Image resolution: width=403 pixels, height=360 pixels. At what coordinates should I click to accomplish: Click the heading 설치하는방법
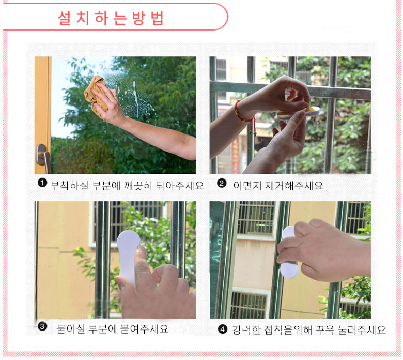[x=111, y=18]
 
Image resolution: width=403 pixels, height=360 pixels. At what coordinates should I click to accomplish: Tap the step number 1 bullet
[x=42, y=183]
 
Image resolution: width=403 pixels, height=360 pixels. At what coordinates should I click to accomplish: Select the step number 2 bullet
[x=222, y=183]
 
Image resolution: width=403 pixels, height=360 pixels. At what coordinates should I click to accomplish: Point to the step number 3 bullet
[x=42, y=326]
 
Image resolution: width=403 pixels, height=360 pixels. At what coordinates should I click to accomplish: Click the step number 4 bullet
[x=223, y=329]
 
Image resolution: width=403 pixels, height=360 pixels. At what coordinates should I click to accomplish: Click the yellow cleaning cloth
[x=95, y=96]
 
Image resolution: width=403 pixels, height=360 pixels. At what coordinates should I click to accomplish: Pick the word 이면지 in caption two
[x=247, y=186]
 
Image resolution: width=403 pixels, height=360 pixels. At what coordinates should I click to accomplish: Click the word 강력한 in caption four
[x=246, y=330]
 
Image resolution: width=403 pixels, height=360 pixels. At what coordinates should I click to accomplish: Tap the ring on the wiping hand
[x=116, y=95]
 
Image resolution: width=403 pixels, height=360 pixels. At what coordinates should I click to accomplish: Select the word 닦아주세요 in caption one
[x=180, y=186]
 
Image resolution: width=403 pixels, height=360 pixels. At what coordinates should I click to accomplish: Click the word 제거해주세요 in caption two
[x=294, y=186]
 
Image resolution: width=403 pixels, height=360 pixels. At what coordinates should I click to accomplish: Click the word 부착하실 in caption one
[x=69, y=186]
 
